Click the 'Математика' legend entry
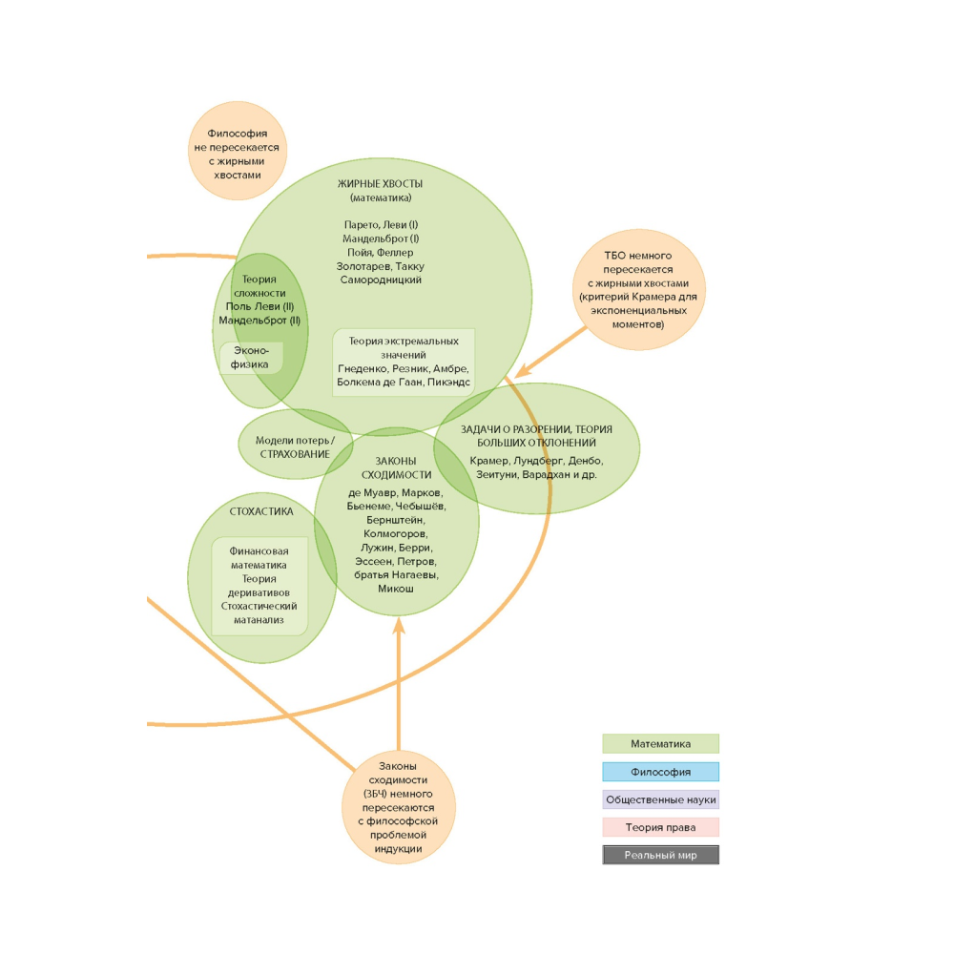click(x=660, y=744)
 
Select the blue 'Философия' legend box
click(x=660, y=772)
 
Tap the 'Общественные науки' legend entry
click(x=660, y=799)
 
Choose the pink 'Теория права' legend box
click(x=660, y=827)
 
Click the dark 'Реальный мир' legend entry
click(x=660, y=855)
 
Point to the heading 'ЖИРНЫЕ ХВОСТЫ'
click(x=380, y=183)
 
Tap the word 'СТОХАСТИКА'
click(x=261, y=511)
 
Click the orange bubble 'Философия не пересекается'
click(x=237, y=150)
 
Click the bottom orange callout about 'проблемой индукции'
click(x=398, y=807)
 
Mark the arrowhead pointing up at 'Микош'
click(x=399, y=626)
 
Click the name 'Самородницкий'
click(x=381, y=280)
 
